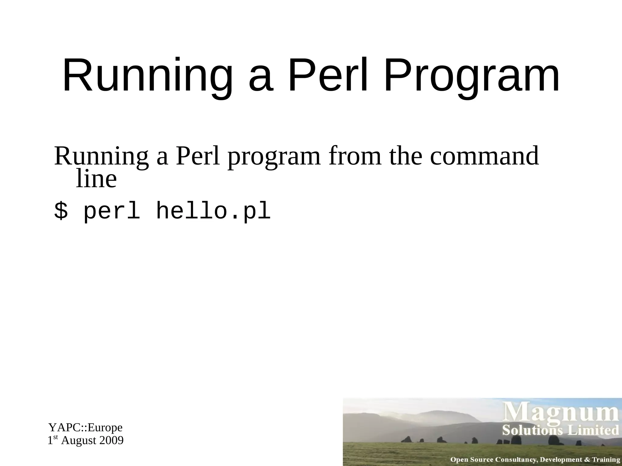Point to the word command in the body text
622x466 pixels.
coord(484,156)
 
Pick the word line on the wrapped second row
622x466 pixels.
coord(96,179)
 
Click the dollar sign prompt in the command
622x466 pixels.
coord(61,211)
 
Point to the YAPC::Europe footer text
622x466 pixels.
coord(85,427)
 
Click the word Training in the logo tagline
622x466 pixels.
coord(606,460)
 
